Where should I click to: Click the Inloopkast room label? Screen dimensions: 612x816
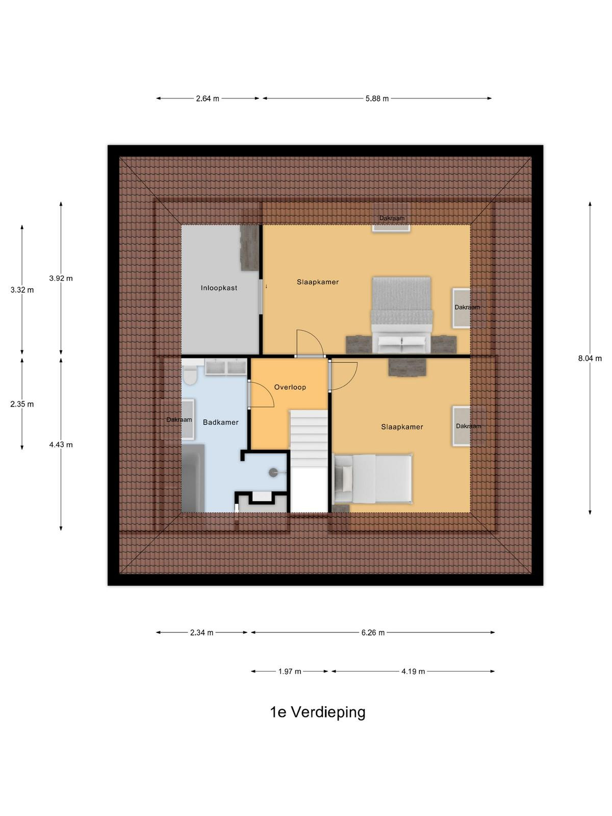point(219,288)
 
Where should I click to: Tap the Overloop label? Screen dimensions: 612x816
point(290,387)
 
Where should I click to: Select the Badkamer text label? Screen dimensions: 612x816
point(220,422)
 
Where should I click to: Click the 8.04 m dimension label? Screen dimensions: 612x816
point(590,359)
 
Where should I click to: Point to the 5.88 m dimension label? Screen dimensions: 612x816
point(377,98)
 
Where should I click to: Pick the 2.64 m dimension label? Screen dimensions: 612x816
point(208,98)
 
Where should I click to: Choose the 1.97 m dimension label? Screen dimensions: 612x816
point(290,671)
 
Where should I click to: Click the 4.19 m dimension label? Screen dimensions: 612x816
point(413,671)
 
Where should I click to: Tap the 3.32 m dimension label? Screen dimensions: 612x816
point(22,290)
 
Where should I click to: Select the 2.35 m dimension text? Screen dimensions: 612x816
point(22,404)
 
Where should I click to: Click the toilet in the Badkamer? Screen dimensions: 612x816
point(190,375)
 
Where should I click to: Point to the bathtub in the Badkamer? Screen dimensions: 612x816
point(193,478)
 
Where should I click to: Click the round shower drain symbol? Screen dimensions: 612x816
point(273,472)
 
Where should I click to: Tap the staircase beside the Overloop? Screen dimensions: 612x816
point(309,461)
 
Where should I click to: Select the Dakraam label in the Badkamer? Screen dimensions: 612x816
point(179,419)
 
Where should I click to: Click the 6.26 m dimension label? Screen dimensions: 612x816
point(373,632)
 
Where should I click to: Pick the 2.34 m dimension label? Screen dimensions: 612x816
point(201,632)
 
